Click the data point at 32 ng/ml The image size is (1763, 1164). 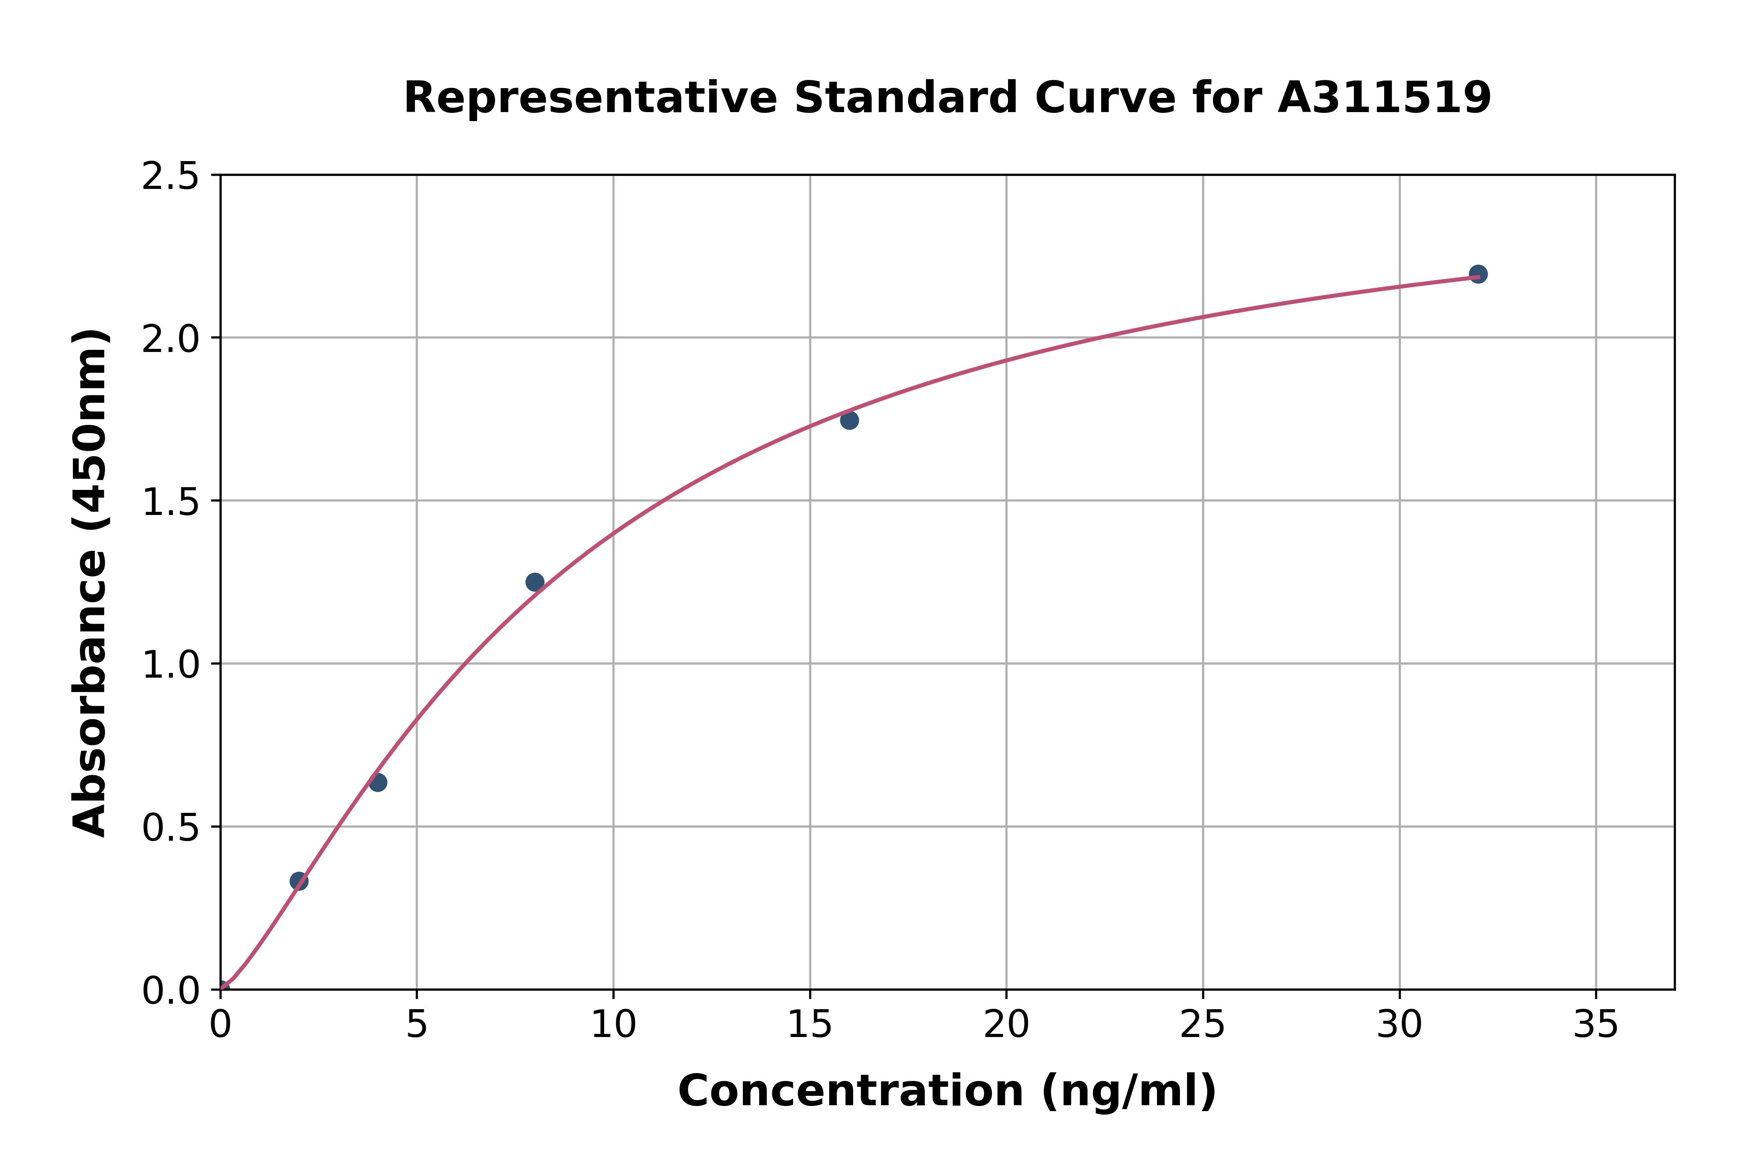point(1478,274)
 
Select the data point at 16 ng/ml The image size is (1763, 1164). point(850,420)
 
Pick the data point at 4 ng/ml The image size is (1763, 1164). point(378,782)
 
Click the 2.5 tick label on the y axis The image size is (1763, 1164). point(171,177)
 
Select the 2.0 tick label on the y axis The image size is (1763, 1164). point(171,339)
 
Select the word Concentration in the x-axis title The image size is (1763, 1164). point(850,1091)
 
